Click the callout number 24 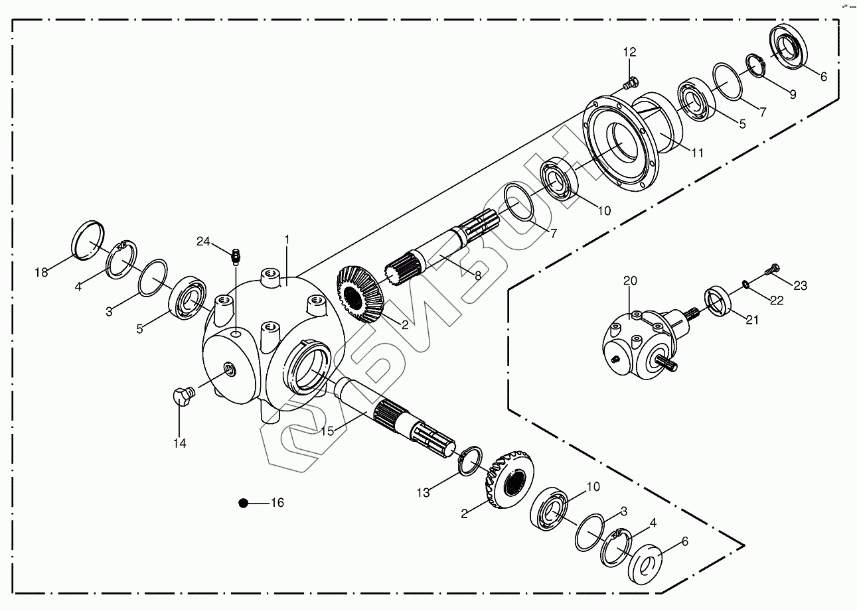tap(203, 241)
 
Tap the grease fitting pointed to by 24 tap(235, 255)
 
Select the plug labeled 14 tap(181, 396)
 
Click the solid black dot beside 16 tap(244, 504)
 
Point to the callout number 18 tap(42, 272)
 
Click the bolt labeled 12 tap(629, 84)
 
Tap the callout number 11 tap(696, 153)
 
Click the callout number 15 tap(328, 431)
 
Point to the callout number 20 tap(629, 281)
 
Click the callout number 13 tap(424, 492)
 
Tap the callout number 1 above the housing tap(287, 238)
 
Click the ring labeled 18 tap(89, 238)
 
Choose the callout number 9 tap(792, 94)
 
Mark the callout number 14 tap(180, 443)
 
